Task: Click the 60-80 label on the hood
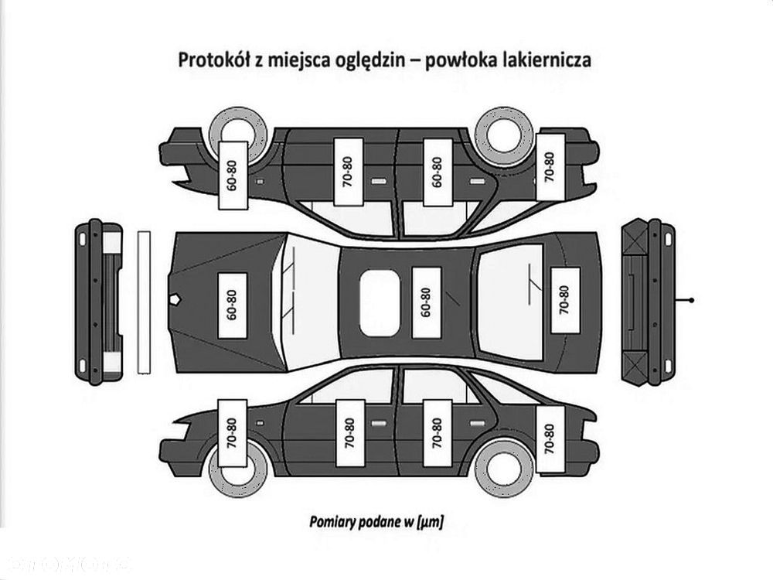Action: point(232,305)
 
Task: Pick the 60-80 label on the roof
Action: point(426,302)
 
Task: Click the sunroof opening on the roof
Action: point(380,303)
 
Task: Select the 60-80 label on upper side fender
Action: point(233,176)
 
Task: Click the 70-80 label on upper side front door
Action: point(349,172)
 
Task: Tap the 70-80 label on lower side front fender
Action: point(232,433)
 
